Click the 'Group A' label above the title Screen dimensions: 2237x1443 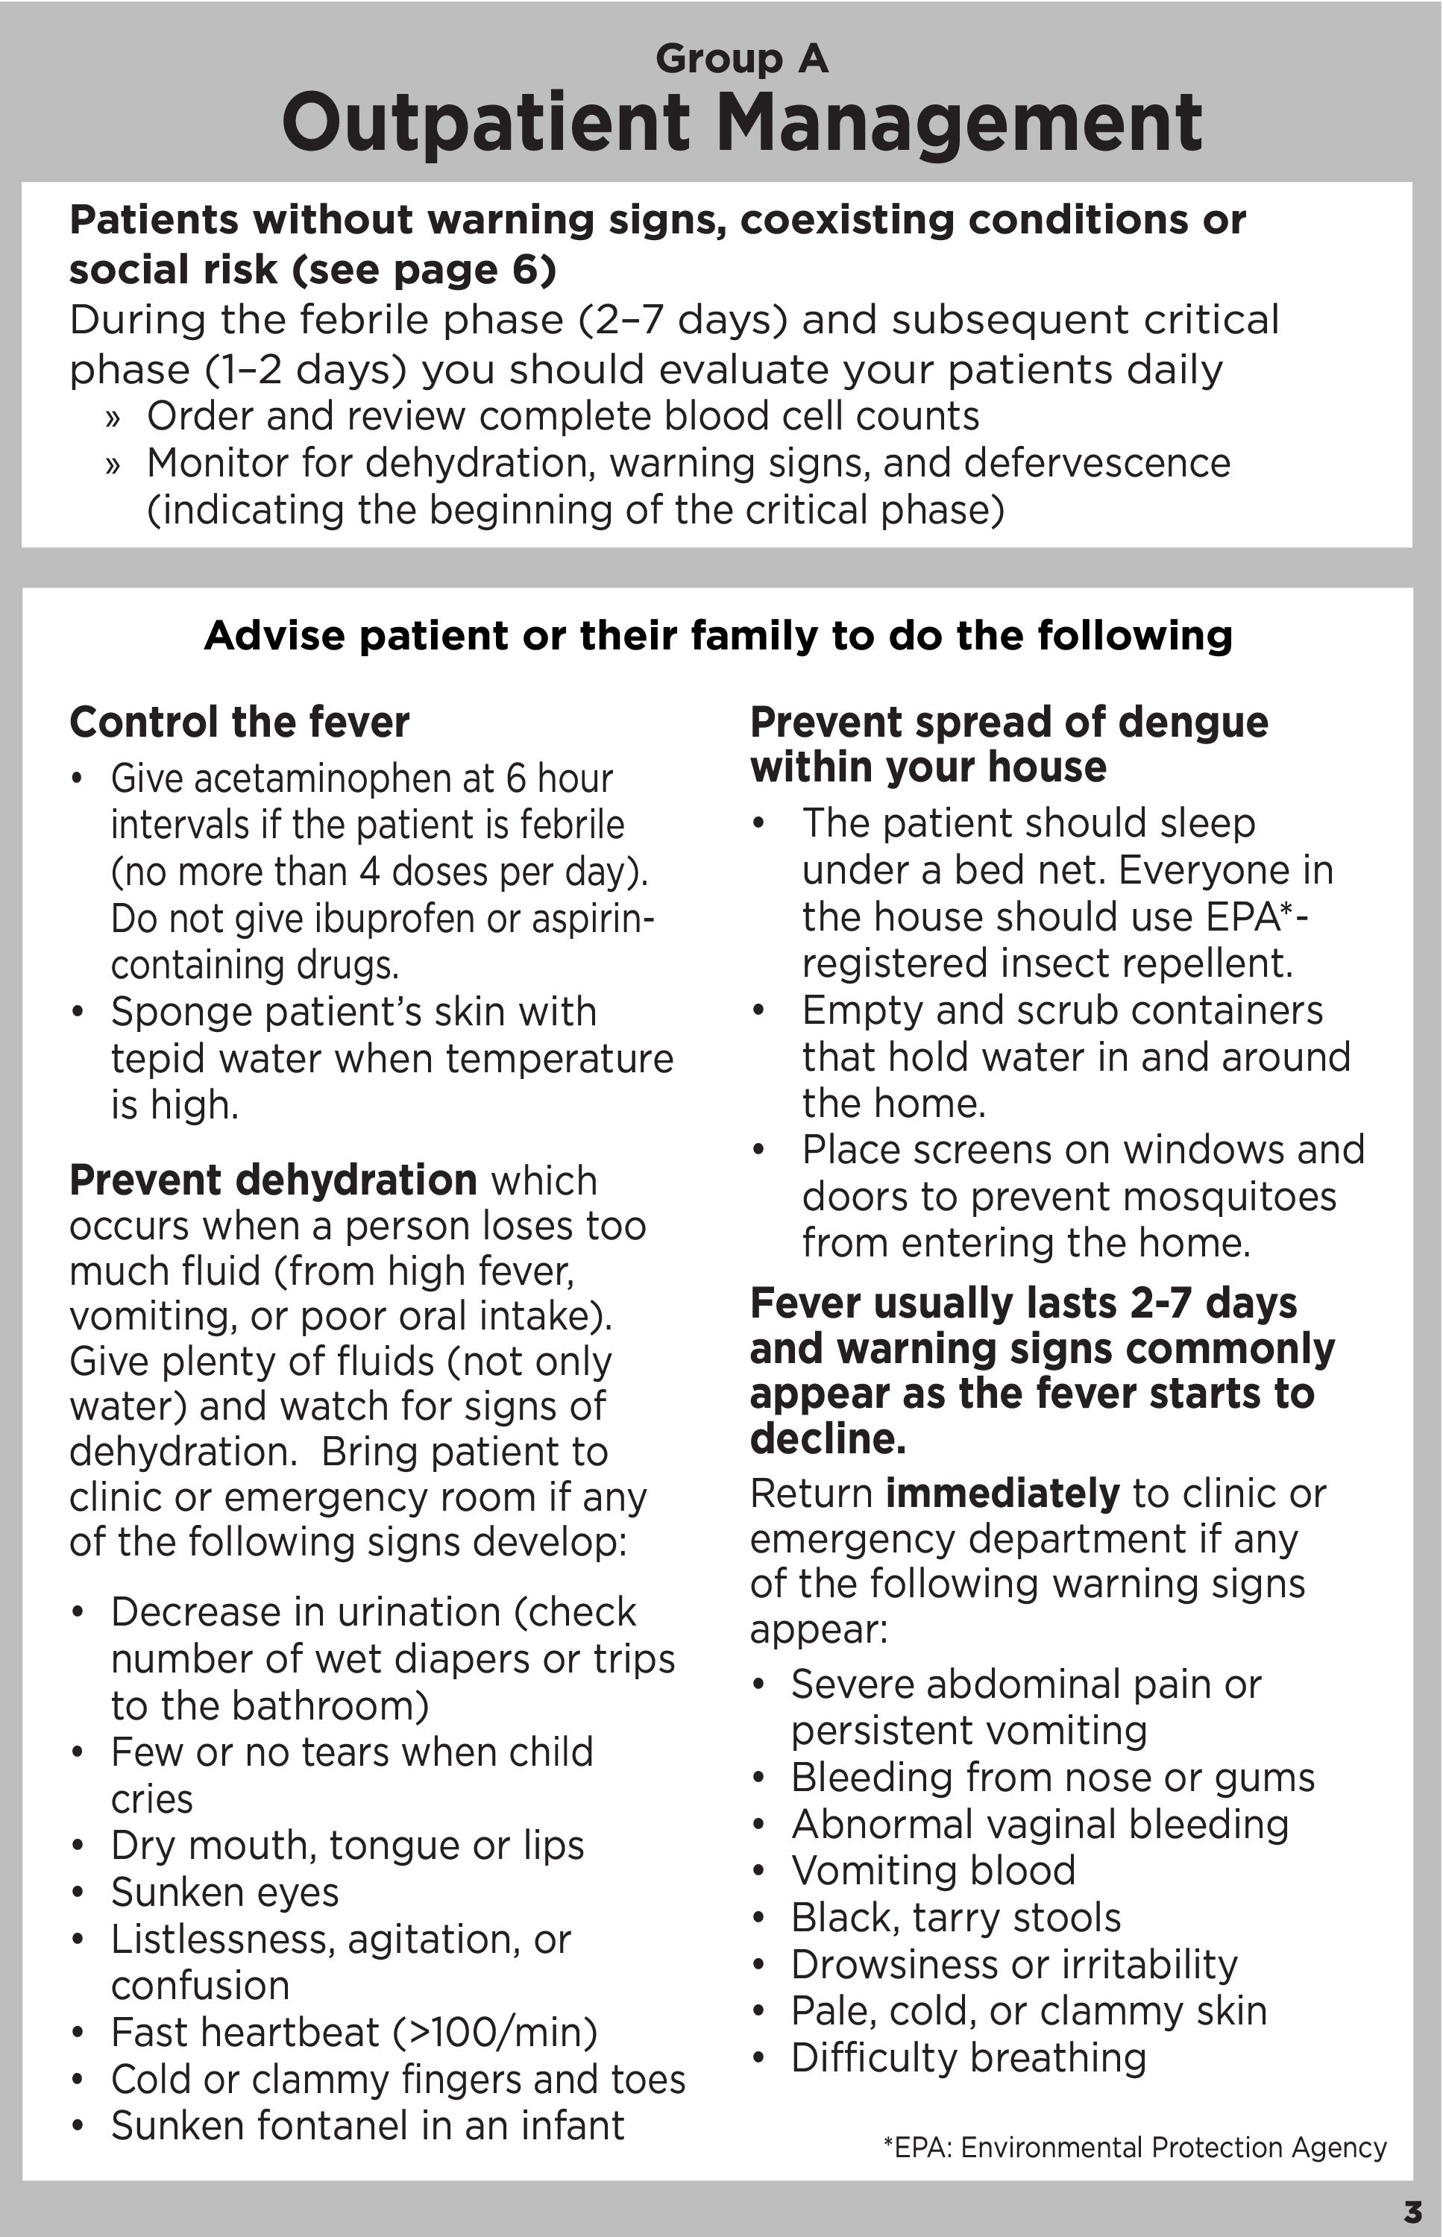pos(741,59)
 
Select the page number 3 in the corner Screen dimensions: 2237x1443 pos(1412,2212)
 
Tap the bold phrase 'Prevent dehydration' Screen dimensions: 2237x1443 pos(273,1180)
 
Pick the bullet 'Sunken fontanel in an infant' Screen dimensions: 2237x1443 pos(368,2127)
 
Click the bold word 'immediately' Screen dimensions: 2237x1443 pos(1002,1494)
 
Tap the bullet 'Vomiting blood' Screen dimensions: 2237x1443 pos(933,1871)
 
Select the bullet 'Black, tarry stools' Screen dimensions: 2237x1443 pos(956,1918)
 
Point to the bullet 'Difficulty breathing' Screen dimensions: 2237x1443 pos(969,2058)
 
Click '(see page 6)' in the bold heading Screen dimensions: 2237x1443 pos(424,270)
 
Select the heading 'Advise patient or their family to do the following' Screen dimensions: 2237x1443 pos(717,635)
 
